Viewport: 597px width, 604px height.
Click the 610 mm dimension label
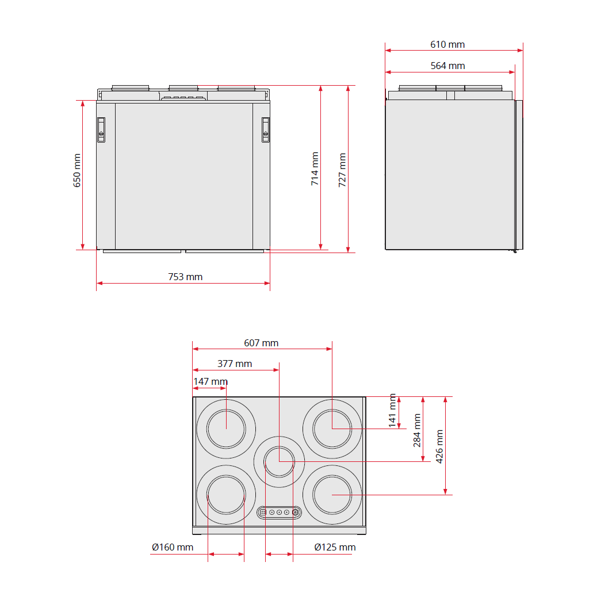(x=447, y=44)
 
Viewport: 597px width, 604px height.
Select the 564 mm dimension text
(x=447, y=66)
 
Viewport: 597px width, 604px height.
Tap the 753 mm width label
(x=185, y=277)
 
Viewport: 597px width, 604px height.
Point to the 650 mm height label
(x=77, y=170)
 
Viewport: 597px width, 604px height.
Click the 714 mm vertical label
(x=315, y=169)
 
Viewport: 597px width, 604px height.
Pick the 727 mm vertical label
(x=342, y=170)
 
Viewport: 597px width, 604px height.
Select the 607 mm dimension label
(x=261, y=343)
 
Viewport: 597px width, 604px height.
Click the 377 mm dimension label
(x=235, y=364)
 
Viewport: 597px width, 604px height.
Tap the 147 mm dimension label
(x=211, y=381)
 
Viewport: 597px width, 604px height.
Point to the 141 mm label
(x=392, y=410)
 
